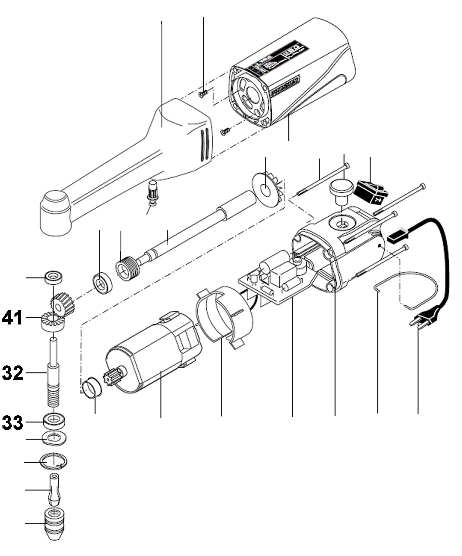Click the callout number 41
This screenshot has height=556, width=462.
[12, 318]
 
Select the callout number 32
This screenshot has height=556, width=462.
[13, 373]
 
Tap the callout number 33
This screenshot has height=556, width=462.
[13, 422]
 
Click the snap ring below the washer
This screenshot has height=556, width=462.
[54, 461]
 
